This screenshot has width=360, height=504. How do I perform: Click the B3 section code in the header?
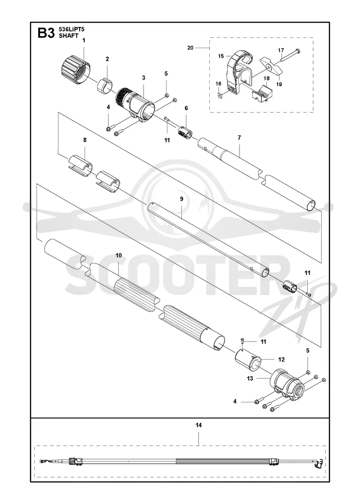46,33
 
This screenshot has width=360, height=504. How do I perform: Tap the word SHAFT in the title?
68,36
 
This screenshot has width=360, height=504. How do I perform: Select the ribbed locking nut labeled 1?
75,70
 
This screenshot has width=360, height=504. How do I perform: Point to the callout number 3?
144,77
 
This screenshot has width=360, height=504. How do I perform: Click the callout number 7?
239,138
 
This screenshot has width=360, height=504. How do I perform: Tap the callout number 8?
85,140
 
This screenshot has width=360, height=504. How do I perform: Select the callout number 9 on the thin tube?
182,199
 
